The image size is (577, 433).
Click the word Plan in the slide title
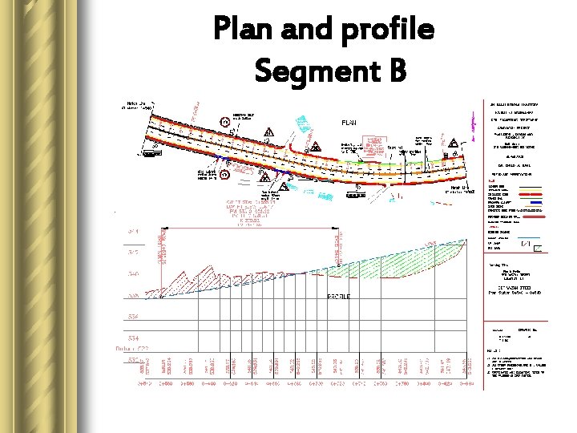[x=244, y=30]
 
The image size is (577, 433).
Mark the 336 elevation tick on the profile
[x=132, y=317]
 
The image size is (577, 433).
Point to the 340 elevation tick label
[x=132, y=273]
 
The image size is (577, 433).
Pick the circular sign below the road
[x=226, y=171]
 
